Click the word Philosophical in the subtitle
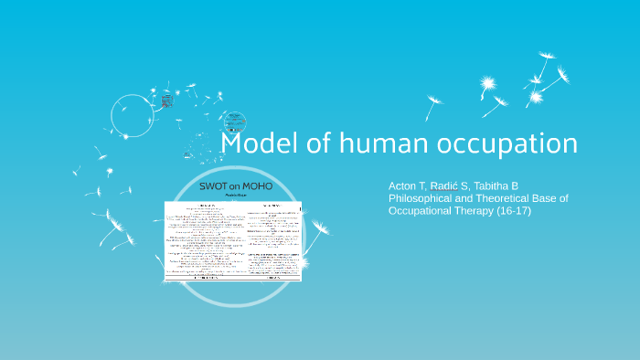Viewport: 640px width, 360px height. (x=424, y=198)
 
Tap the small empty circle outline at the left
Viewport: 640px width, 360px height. (x=132, y=116)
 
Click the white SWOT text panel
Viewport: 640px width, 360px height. (x=232, y=239)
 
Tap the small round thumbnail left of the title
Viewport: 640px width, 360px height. (x=234, y=121)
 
